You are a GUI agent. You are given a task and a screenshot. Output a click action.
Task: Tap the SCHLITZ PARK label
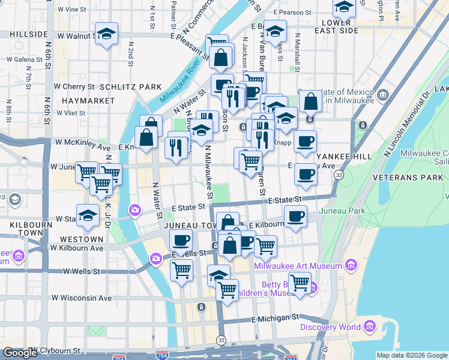pyautogui.click(x=131, y=87)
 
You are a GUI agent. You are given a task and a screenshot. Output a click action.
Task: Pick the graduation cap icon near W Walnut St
pyautogui.click(x=106, y=35)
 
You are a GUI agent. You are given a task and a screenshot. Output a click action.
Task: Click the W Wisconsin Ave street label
pyautogui.click(x=82, y=298)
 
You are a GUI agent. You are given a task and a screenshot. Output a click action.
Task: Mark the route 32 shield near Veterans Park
pyautogui.click(x=339, y=175)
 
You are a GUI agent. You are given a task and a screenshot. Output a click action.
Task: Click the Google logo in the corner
pyautogui.click(x=20, y=353)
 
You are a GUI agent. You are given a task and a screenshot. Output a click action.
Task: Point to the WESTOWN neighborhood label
pyautogui.click(x=82, y=239)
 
